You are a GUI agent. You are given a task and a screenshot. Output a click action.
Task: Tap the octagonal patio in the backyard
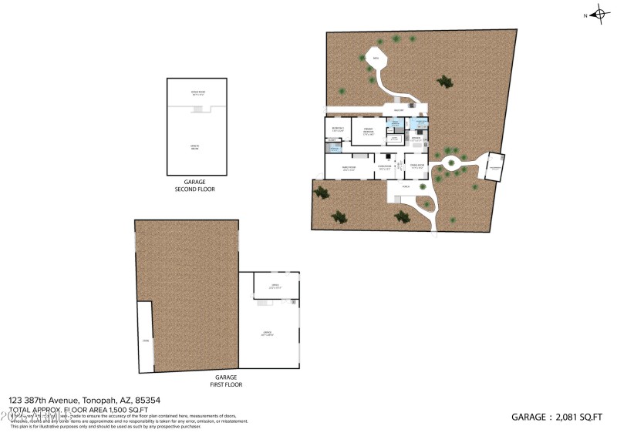(x=377, y=59)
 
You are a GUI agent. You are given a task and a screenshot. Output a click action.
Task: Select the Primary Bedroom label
(x=369, y=131)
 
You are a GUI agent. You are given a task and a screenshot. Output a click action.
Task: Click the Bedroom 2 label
(x=338, y=129)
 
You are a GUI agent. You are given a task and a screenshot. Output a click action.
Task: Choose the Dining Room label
(x=417, y=167)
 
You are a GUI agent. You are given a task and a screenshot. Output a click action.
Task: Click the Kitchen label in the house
(x=416, y=139)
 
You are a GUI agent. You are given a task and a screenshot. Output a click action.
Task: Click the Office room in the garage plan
(x=275, y=287)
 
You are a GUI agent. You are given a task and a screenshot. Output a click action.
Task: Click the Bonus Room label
(x=198, y=92)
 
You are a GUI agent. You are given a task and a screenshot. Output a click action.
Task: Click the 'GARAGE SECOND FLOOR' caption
(x=198, y=185)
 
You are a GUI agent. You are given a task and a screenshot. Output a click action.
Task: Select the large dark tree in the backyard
(x=443, y=80)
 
